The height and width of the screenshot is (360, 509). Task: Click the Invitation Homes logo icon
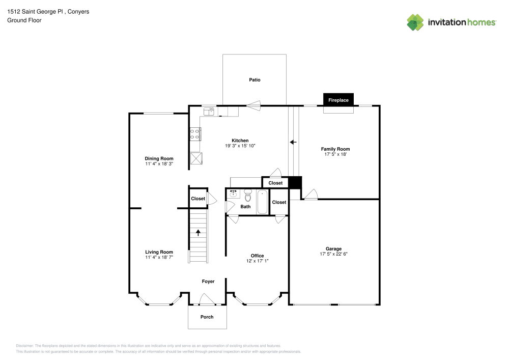tap(415, 22)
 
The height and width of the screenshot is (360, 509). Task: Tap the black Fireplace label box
tap(338, 100)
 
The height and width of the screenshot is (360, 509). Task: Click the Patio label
tap(254, 80)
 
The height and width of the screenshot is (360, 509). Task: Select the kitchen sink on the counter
tap(209, 110)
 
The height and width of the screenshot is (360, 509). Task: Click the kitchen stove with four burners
tap(195, 134)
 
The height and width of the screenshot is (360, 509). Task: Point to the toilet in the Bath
tap(248, 196)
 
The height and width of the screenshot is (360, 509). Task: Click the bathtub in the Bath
tap(262, 202)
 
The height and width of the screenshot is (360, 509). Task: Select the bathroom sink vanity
tap(233, 193)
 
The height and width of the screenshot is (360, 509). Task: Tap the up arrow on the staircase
tap(198, 233)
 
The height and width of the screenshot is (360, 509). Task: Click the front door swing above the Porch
tap(206, 299)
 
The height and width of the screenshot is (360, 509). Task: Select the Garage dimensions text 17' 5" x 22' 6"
tap(333, 254)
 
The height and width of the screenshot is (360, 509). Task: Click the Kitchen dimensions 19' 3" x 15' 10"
tap(240, 146)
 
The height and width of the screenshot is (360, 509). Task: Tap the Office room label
tap(257, 256)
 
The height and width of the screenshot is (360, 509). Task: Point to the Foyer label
tap(208, 281)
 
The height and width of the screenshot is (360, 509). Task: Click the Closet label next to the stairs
tap(198, 199)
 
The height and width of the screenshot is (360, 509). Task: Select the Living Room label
tap(159, 252)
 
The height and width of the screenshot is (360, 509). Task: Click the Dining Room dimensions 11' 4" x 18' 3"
tap(159, 163)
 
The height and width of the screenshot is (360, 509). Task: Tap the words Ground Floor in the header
tap(24, 20)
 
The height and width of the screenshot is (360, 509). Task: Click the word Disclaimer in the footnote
tap(25, 345)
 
